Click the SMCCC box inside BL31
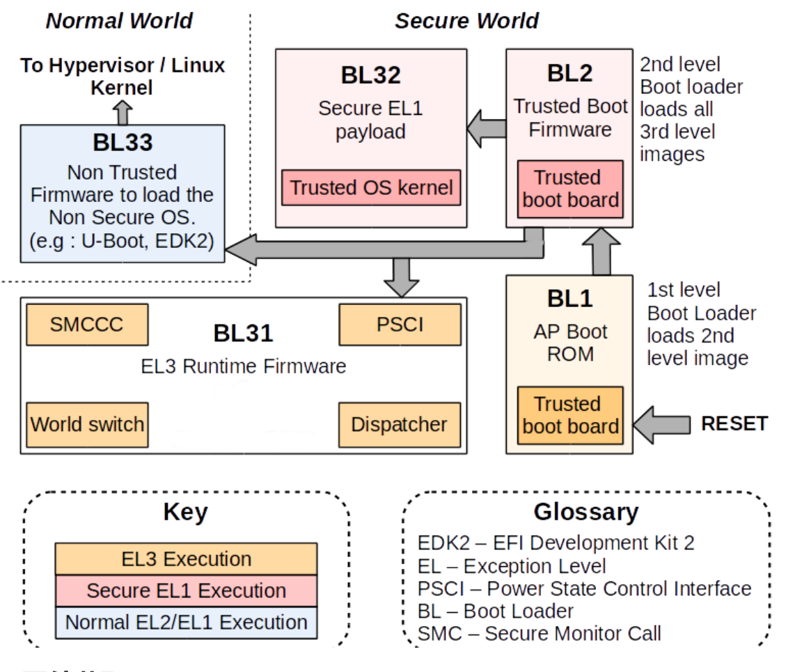(x=86, y=324)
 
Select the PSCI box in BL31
(x=400, y=324)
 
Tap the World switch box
(x=87, y=424)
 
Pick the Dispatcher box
(x=400, y=424)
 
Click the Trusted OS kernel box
(x=371, y=187)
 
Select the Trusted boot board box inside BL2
(x=570, y=189)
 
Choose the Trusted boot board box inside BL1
(x=570, y=415)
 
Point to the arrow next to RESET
(x=661, y=423)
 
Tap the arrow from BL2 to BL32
(x=486, y=129)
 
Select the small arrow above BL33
(x=123, y=111)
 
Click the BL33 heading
(x=123, y=142)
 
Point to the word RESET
(x=734, y=423)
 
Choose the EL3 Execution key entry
(x=186, y=559)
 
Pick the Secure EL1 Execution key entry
(x=186, y=591)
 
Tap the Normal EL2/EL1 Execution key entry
(x=186, y=622)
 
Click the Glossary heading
(x=585, y=512)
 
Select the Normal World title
(x=119, y=20)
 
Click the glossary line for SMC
(x=539, y=634)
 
